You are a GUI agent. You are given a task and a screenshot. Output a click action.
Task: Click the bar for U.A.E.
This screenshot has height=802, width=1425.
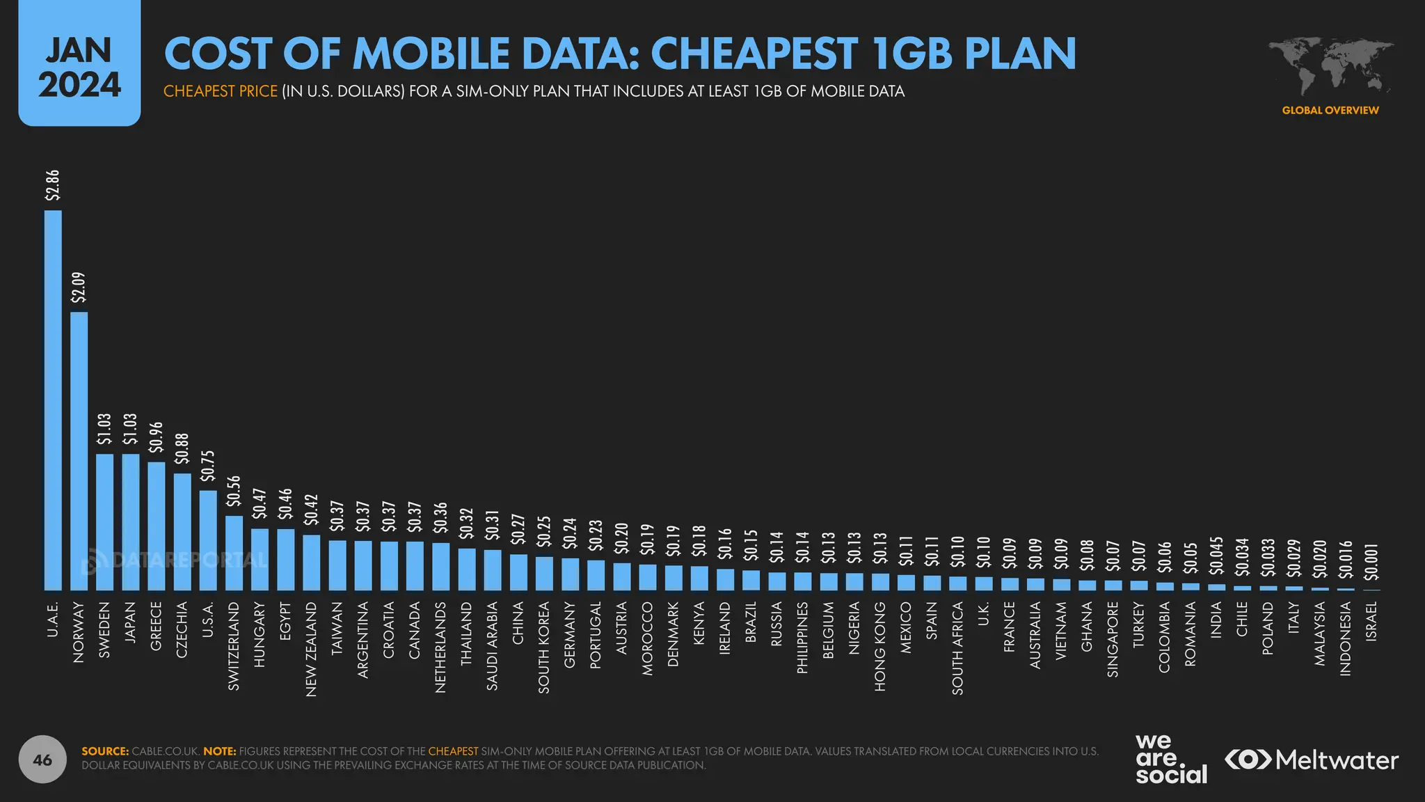(53, 400)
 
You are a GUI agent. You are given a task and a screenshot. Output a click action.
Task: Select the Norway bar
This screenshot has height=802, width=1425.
(79, 451)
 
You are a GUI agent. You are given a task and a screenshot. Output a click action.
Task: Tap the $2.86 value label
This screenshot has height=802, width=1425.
(53, 185)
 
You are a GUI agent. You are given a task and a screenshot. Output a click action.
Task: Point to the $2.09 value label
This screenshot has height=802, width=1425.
(79, 287)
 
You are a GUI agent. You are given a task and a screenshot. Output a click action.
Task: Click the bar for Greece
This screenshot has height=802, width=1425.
(157, 526)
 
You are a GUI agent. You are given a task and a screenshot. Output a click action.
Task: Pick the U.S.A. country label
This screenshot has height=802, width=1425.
(207, 620)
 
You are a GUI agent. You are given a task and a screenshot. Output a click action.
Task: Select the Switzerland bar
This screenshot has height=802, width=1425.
(234, 553)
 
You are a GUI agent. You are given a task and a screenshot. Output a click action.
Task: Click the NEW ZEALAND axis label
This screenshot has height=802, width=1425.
(312, 649)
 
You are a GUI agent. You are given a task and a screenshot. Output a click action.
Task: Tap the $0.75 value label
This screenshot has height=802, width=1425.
(208, 465)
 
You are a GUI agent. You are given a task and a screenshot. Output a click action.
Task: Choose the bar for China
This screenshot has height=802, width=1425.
(518, 572)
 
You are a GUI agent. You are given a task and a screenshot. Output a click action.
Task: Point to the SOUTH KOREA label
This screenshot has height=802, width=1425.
(544, 647)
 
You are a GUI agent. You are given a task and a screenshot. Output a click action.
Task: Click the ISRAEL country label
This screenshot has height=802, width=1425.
(1371, 621)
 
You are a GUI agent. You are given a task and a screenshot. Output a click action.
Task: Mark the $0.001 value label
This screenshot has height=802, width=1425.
(1371, 562)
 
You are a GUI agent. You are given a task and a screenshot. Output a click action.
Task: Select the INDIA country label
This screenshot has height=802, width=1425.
(1216, 620)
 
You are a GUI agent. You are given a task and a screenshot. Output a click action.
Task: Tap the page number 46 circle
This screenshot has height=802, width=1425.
(42, 760)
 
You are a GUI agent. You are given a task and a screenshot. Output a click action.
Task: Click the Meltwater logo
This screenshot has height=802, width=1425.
(1312, 760)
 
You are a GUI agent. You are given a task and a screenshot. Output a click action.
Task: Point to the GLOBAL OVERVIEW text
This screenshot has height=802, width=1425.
(1330, 110)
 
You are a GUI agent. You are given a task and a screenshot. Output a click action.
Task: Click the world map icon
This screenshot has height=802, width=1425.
(1330, 67)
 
